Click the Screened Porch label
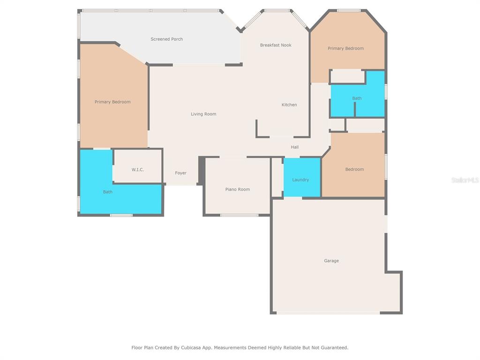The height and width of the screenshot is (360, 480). pyautogui.click(x=166, y=39)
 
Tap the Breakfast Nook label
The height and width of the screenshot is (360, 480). pyautogui.click(x=276, y=45)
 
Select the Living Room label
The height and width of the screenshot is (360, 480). pyautogui.click(x=203, y=114)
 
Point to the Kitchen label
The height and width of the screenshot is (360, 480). pyautogui.click(x=289, y=105)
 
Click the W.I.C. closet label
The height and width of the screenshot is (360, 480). pyautogui.click(x=138, y=170)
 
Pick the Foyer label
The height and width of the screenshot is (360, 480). pyautogui.click(x=180, y=173)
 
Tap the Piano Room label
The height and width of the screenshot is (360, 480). pyautogui.click(x=238, y=189)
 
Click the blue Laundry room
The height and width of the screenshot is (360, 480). pyautogui.click(x=302, y=177)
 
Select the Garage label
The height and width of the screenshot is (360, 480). pyautogui.click(x=331, y=261)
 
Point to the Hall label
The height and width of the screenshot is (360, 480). pyautogui.click(x=294, y=147)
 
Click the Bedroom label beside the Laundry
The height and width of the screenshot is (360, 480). pyautogui.click(x=354, y=169)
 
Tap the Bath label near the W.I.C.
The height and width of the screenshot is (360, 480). pyautogui.click(x=107, y=192)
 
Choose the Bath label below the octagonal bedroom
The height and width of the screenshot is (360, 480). pyautogui.click(x=357, y=98)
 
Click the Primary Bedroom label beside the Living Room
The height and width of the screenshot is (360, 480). pyautogui.click(x=112, y=102)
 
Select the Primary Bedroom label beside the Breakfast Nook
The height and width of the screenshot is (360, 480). pyautogui.click(x=345, y=48)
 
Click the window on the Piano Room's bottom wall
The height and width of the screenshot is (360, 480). pyautogui.click(x=240, y=215)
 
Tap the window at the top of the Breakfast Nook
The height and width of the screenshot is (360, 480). pyautogui.click(x=277, y=11)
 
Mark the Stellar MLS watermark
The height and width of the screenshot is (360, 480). pyautogui.click(x=465, y=180)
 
